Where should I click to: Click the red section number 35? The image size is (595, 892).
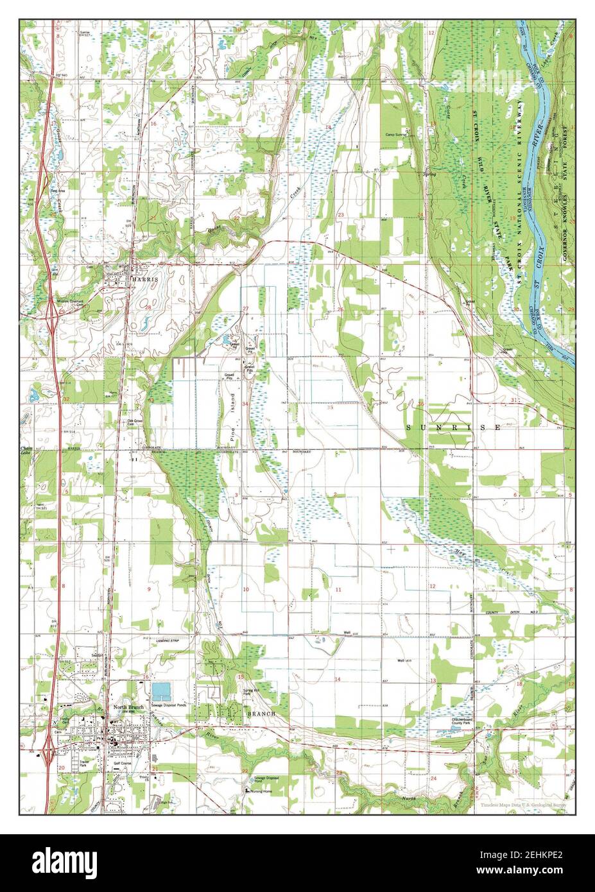[331, 407]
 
